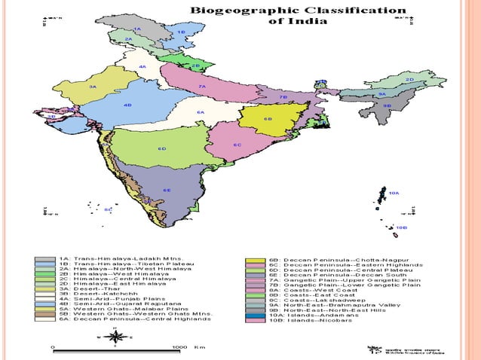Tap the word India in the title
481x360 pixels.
(309, 22)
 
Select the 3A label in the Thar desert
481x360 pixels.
(92, 87)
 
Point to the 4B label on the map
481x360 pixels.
(127, 105)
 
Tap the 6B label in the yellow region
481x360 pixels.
(268, 119)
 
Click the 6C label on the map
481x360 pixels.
(237, 145)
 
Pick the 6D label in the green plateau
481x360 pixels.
(161, 148)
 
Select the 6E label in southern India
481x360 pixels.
(167, 190)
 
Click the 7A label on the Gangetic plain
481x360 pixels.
(202, 87)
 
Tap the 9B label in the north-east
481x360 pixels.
(386, 106)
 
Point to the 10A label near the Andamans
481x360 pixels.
(394, 194)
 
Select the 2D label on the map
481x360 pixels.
(409, 78)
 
